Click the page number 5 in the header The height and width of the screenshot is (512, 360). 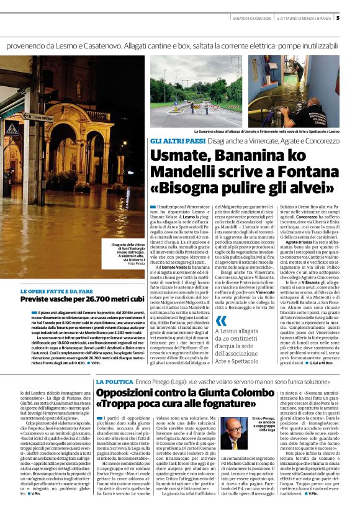point(354,17)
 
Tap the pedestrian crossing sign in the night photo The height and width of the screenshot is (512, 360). point(12,129)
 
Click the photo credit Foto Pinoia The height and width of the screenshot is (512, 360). point(135,264)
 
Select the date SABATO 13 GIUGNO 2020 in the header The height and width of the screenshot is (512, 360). point(250,18)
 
